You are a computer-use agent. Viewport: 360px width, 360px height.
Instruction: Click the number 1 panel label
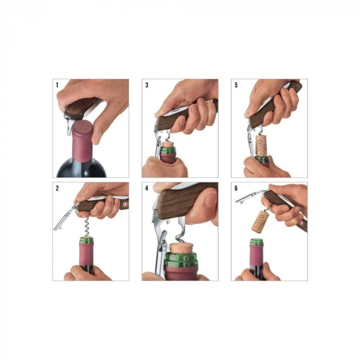[x=57, y=85]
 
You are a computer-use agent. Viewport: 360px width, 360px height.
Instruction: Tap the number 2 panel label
[x=57, y=189]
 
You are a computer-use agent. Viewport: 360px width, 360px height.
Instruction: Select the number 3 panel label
[x=147, y=85]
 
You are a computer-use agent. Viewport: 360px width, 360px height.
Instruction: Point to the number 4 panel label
[x=147, y=189]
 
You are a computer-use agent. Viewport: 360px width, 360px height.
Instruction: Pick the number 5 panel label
[x=236, y=85]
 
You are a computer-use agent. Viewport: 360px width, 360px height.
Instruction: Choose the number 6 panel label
[x=236, y=189]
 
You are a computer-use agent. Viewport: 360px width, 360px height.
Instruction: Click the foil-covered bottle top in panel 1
[x=82, y=140]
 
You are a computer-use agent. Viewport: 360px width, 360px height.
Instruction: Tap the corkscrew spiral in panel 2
[x=87, y=227]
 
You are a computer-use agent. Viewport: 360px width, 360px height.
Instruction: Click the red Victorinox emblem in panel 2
[x=125, y=204]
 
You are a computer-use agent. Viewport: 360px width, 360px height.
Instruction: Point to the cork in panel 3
[x=168, y=145]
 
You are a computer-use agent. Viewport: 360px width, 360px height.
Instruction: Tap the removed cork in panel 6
[x=260, y=221]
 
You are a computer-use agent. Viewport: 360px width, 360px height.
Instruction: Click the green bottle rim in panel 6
[x=257, y=242]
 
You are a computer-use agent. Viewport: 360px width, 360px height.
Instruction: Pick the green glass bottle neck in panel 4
[x=181, y=259]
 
